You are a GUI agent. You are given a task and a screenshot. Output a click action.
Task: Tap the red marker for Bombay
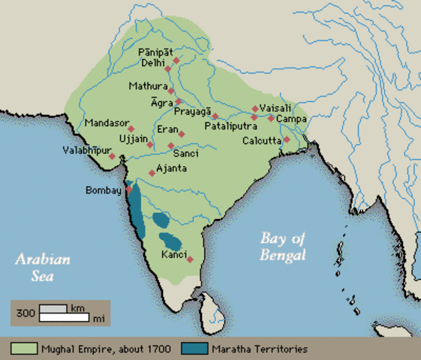point(128,189)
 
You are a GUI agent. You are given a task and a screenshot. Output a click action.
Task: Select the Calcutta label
point(261,140)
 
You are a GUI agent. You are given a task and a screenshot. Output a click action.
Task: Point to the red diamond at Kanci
point(190,259)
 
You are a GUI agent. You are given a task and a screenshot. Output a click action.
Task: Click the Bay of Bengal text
point(283,247)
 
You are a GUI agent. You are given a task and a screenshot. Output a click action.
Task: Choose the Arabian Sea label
point(43,267)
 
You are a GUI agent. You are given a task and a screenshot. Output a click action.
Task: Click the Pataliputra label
point(230,127)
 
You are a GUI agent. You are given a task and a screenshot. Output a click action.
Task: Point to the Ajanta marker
point(152,173)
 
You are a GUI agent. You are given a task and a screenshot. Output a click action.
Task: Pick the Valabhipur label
point(85,151)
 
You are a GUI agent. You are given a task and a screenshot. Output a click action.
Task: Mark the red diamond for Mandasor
point(131,129)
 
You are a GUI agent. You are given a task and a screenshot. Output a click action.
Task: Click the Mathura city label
point(147,86)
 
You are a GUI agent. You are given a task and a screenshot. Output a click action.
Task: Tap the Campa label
point(290,118)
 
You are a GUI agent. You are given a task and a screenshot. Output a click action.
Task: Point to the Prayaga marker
point(215,116)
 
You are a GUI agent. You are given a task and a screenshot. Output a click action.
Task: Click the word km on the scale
point(78,307)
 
